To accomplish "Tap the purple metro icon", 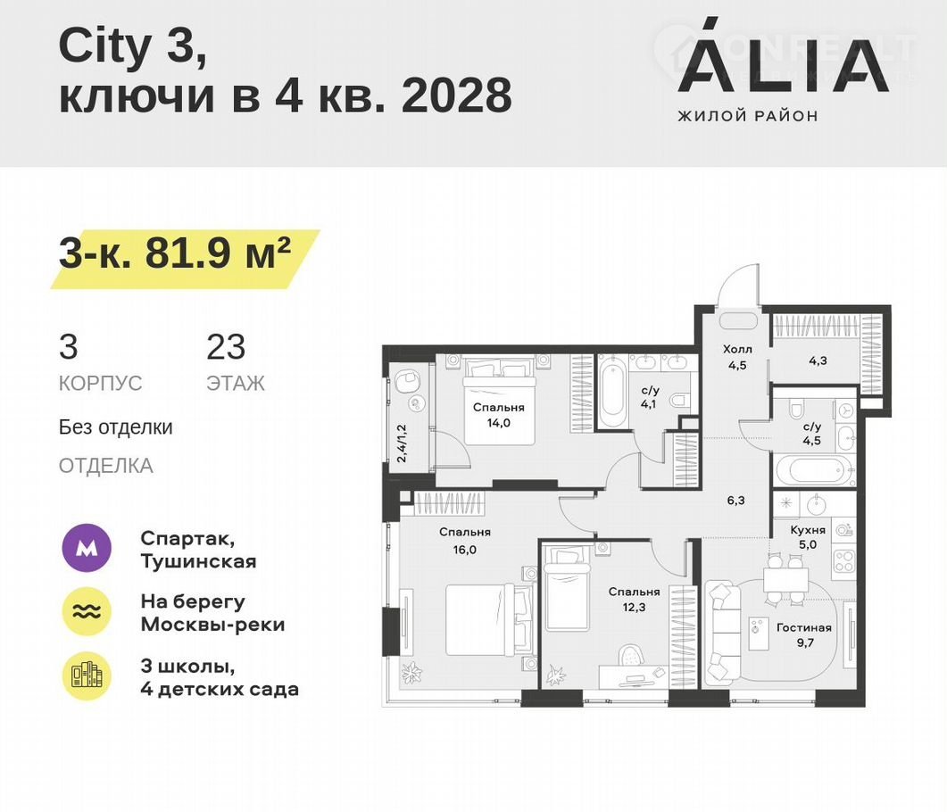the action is [x=87, y=548].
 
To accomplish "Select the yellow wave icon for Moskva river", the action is [x=87, y=611].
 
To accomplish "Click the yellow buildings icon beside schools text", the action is [x=87, y=676].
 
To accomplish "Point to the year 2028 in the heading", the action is [x=457, y=95].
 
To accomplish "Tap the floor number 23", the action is [x=226, y=347].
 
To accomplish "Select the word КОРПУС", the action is [x=100, y=384].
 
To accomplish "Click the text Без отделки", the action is [x=115, y=427].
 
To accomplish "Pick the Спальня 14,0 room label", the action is [x=499, y=415].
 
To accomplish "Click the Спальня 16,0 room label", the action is [x=465, y=541].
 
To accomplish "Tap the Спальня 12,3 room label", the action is [x=634, y=600].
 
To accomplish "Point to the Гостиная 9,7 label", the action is [x=804, y=635].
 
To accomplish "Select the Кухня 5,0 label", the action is [x=808, y=536].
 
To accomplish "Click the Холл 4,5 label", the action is [x=737, y=357].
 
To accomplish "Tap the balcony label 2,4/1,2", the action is [x=402, y=443].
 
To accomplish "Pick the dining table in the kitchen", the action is [x=785, y=581].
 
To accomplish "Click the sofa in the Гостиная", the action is [x=723, y=632].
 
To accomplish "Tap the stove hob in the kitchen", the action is [x=843, y=561].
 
